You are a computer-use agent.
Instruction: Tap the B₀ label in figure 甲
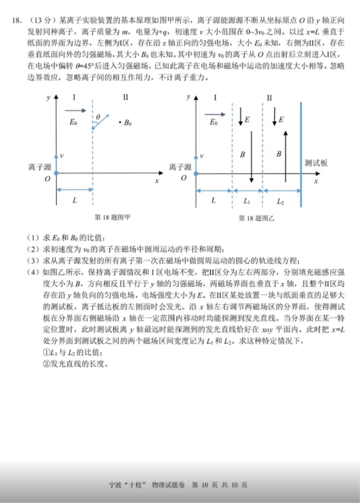click(126, 123)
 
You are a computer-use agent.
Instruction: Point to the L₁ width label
click(247, 201)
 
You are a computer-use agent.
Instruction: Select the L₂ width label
click(281, 201)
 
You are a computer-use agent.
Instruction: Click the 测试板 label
click(316, 163)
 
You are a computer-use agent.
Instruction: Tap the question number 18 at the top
click(17, 21)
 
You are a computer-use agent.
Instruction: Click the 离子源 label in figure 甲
click(40, 167)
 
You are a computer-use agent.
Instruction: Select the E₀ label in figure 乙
click(213, 123)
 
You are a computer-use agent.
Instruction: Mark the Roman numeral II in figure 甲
click(126, 97)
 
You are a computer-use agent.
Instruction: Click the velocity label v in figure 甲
click(62, 156)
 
